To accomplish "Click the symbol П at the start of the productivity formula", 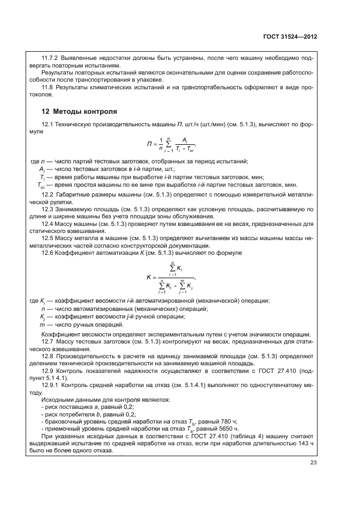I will (149, 144).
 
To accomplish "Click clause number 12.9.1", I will (51, 384).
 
